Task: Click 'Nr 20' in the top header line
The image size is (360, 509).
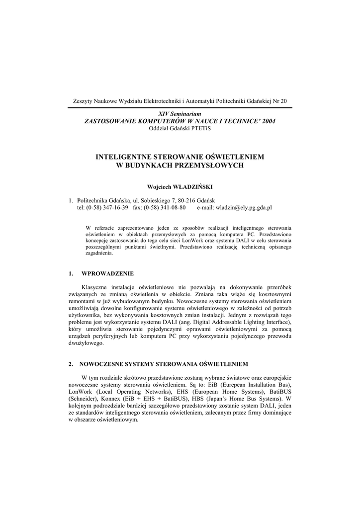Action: tap(279, 101)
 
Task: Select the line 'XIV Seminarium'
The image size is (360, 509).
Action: tap(180, 114)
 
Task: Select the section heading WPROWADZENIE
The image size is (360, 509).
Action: tap(107, 273)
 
